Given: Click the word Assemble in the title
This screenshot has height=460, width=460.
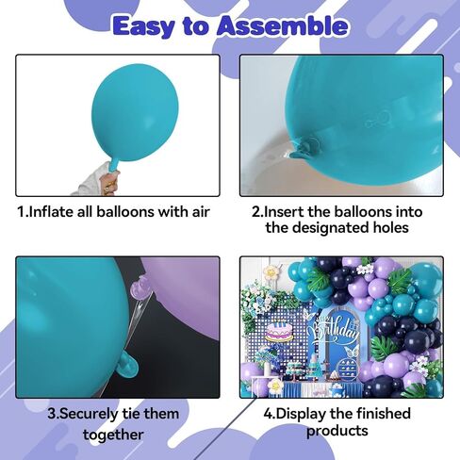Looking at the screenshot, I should click(x=281, y=25).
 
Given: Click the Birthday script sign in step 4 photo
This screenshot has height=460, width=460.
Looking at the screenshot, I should click(x=337, y=336).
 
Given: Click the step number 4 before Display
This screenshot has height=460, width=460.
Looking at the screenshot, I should click(x=266, y=413).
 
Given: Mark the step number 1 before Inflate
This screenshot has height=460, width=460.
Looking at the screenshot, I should click(x=21, y=211).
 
